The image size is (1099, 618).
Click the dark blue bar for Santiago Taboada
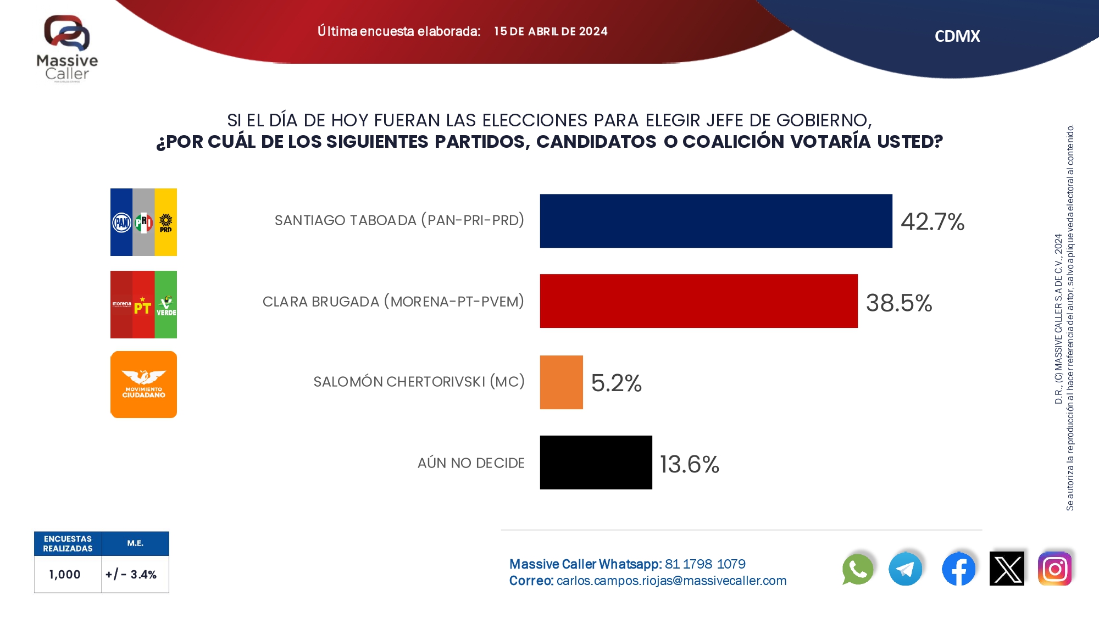pos(715,221)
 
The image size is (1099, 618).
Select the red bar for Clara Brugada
pos(698,301)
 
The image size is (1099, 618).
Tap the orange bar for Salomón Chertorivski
pos(561,382)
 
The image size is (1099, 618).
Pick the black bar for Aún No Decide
pos(596,463)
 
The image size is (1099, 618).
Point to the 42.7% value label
pos(933,222)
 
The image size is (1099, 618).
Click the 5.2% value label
pos(616,383)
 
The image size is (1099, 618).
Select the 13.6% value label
pos(689,464)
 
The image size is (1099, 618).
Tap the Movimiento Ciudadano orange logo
pos(143,385)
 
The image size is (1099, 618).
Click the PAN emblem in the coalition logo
pos(121,222)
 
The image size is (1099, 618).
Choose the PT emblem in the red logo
pos(143,307)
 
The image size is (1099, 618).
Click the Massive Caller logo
pos(67,48)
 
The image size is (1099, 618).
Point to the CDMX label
pos(957,36)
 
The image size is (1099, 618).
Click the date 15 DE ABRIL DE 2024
pos(551,31)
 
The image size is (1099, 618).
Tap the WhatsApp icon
pos(857,569)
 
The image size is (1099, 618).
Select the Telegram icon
pos(905,569)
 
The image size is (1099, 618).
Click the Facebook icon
pos(958,569)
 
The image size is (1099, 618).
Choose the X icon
pos(1007,569)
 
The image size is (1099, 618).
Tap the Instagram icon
pos(1054,569)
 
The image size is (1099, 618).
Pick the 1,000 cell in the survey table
pos(65,575)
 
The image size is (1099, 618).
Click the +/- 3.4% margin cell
pos(131,575)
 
